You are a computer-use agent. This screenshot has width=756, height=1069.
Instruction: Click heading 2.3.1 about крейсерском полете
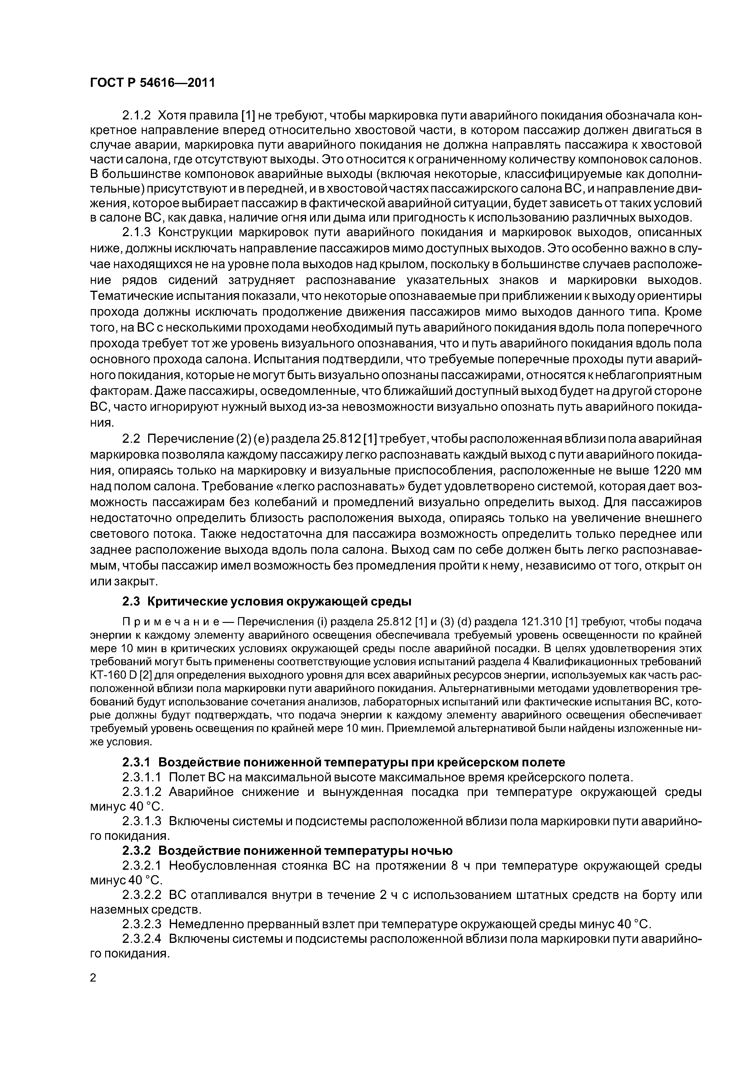tap(344, 762)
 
